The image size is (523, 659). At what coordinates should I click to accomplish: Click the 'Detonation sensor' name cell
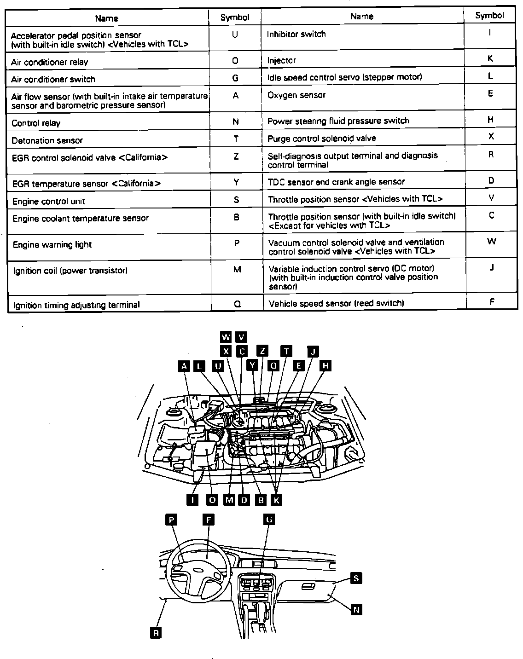pyautogui.click(x=47, y=140)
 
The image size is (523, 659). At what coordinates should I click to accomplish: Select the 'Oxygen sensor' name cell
pyautogui.click(x=296, y=95)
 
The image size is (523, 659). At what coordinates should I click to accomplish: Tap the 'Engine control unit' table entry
pyautogui.click(x=49, y=202)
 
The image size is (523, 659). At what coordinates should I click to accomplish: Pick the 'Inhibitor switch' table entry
pyautogui.click(x=296, y=34)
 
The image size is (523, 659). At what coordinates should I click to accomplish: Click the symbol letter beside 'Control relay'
pyautogui.click(x=236, y=122)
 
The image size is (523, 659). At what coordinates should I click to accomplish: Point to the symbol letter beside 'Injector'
pyautogui.click(x=490, y=59)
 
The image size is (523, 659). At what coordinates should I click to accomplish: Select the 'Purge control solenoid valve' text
pyautogui.click(x=322, y=138)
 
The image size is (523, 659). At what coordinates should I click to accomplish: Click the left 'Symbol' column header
pyautogui.click(x=235, y=17)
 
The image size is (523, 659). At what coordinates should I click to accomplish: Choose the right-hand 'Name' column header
pyautogui.click(x=362, y=17)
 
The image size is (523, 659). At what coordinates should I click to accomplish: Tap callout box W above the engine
pyautogui.click(x=226, y=337)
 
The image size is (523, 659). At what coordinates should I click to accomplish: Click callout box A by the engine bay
pyautogui.click(x=184, y=366)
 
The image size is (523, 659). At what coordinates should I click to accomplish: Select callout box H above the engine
pyautogui.click(x=325, y=366)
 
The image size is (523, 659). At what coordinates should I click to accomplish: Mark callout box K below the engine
pyautogui.click(x=276, y=500)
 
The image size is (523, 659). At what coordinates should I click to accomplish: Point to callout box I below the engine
pyautogui.click(x=192, y=500)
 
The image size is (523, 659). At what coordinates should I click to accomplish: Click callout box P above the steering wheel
pyautogui.click(x=171, y=520)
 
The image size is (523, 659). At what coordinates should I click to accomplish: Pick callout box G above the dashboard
pyautogui.click(x=269, y=520)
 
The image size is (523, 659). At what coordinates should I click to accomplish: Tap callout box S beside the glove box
pyautogui.click(x=356, y=578)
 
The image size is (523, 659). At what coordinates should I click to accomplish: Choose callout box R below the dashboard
pyautogui.click(x=156, y=633)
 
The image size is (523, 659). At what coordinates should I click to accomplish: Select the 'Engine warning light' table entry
pyautogui.click(x=52, y=245)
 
